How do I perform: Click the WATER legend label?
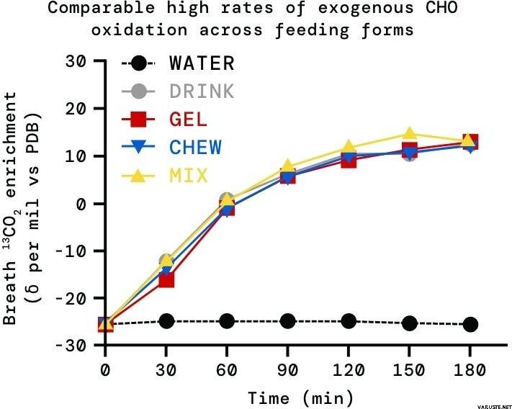(x=202, y=63)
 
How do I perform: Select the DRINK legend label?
(x=202, y=91)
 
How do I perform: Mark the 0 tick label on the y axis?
(x=82, y=203)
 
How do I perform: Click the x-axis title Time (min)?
(x=300, y=397)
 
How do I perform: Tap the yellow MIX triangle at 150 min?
(x=409, y=134)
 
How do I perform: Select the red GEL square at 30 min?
(x=166, y=279)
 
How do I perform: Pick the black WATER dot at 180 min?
(x=470, y=324)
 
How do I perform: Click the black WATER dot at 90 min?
(x=287, y=320)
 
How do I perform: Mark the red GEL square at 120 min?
(x=349, y=160)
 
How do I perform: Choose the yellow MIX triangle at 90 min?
(x=287, y=167)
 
